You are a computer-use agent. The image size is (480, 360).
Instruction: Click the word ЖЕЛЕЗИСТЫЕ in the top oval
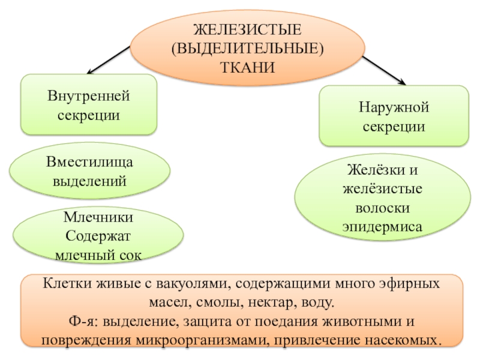247,29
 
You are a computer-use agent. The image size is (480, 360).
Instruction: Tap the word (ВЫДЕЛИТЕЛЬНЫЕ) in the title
247,48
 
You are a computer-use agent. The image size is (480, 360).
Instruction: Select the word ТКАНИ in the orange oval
247,67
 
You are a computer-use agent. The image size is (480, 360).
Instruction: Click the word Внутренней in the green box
89,96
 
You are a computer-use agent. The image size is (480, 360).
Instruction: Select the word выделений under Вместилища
90,181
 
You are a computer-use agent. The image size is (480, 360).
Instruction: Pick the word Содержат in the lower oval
98,236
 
